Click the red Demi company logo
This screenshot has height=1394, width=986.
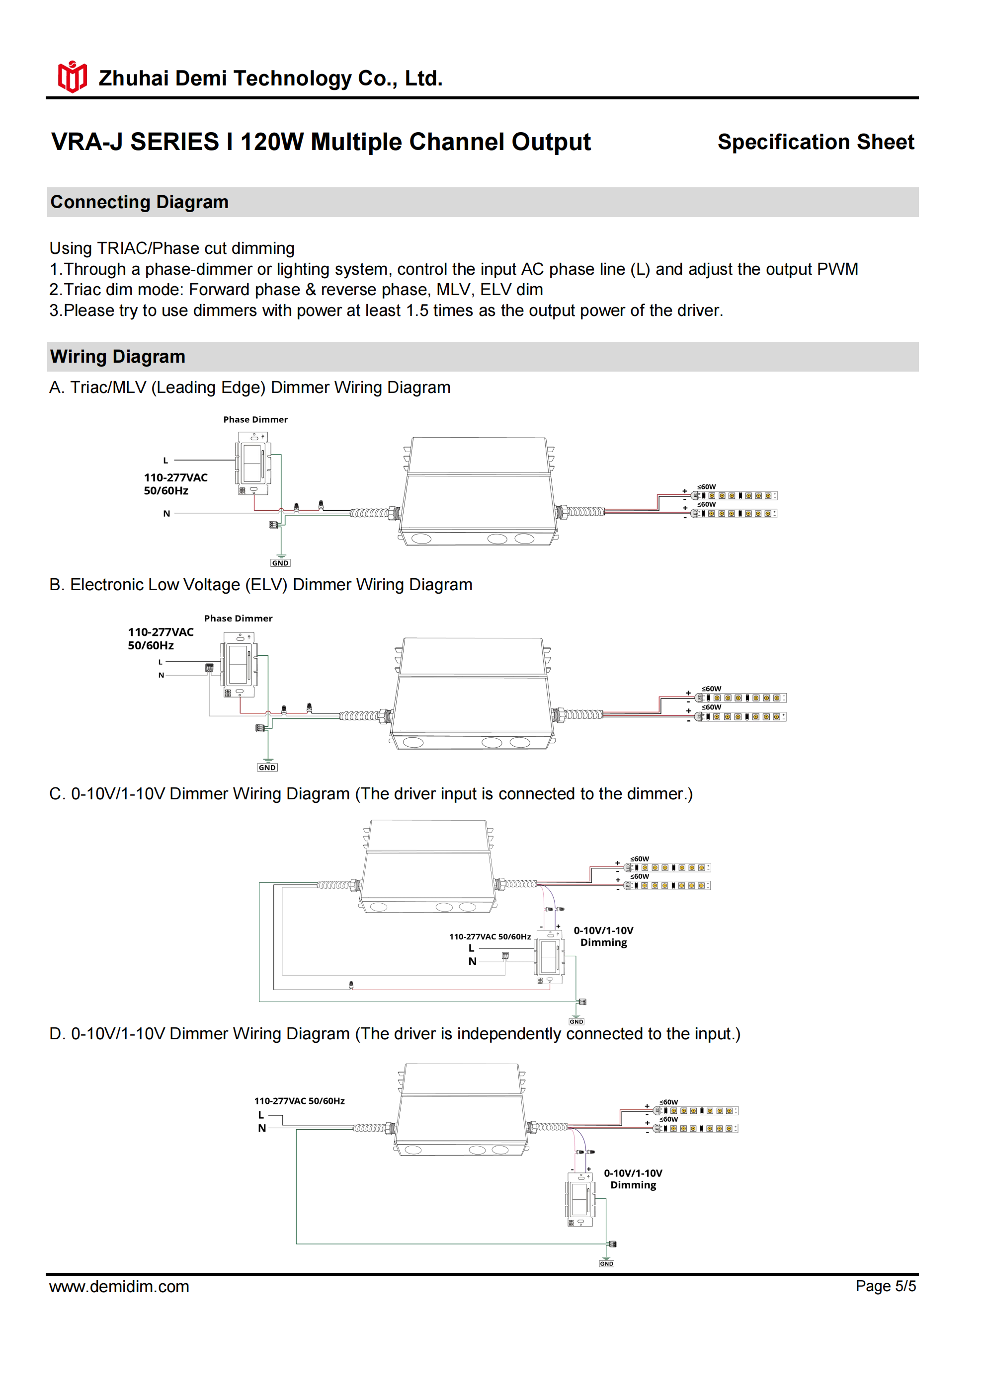pos(72,77)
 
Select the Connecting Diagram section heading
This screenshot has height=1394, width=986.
pos(139,202)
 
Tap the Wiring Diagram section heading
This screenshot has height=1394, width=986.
pos(117,356)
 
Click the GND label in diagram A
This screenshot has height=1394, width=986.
pos(280,563)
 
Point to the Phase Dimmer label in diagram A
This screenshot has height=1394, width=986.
pos(255,419)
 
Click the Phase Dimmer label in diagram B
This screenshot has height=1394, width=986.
pos(238,618)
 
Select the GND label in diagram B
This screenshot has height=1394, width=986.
pos(267,768)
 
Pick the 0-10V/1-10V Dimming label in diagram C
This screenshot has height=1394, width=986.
pos(603,936)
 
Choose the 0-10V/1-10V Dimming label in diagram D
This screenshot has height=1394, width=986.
pos(633,1179)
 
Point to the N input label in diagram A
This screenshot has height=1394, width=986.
pos(166,514)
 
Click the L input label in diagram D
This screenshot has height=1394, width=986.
pos(261,1115)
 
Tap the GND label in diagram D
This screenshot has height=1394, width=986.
pos(606,1263)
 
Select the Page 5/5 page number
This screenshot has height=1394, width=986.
pos(885,1286)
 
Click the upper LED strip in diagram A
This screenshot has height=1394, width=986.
pos(735,495)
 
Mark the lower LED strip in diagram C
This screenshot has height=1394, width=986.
pos(668,885)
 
